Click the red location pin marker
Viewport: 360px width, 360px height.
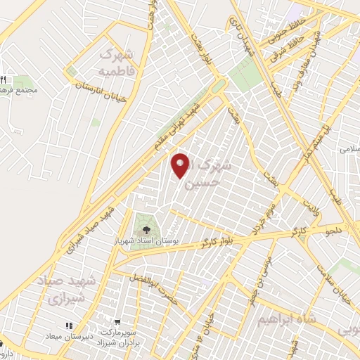click(182, 166)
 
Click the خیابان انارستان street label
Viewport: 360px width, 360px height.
click(102, 91)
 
